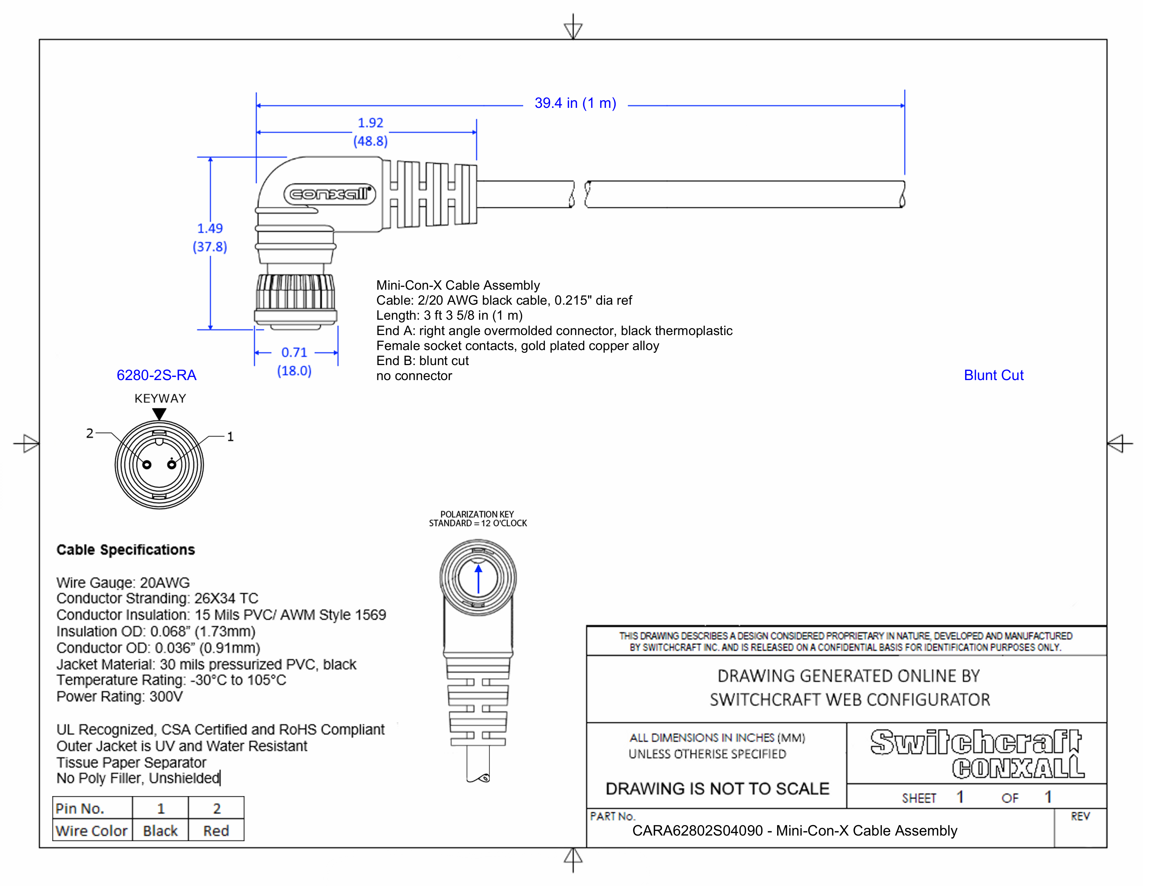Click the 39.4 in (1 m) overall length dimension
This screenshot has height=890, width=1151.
click(575, 103)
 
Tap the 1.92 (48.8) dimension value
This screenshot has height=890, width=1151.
click(370, 132)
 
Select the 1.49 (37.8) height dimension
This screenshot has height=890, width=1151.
click(210, 237)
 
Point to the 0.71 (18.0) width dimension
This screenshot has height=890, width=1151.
click(294, 361)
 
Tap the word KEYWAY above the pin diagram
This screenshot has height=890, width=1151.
click(160, 398)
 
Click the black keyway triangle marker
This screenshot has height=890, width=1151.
click(159, 414)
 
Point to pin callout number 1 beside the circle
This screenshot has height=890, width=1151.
click(230, 437)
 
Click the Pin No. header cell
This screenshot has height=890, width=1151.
click(80, 808)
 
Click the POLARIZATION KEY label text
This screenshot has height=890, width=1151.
click(477, 514)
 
